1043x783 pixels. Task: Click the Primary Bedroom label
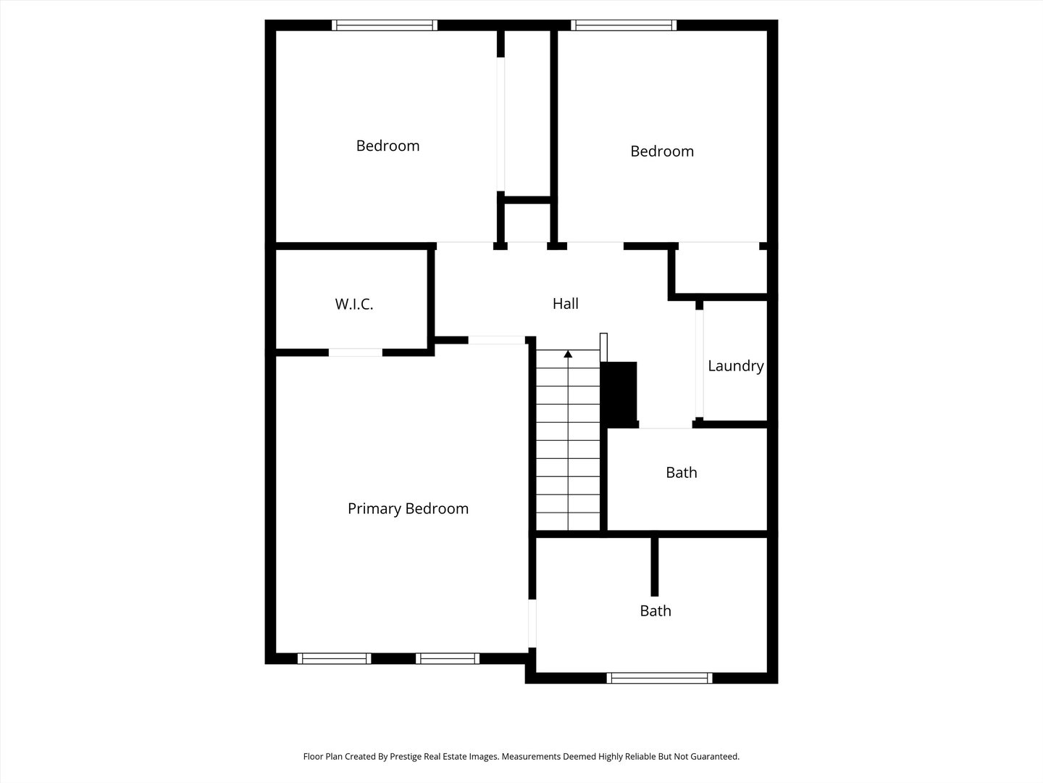pyautogui.click(x=409, y=509)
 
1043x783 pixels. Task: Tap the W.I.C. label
pyautogui.click(x=354, y=304)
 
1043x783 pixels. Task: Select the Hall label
pyautogui.click(x=566, y=303)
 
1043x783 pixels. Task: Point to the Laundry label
pyautogui.click(x=736, y=365)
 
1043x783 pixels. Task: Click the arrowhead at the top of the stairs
pyautogui.click(x=568, y=354)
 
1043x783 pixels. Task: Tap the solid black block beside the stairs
pyautogui.click(x=619, y=394)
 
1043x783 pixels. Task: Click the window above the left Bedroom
pyautogui.click(x=385, y=25)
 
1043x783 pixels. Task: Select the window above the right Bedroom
pyautogui.click(x=624, y=25)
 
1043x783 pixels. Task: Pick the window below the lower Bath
pyautogui.click(x=660, y=678)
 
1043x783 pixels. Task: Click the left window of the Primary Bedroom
pyautogui.click(x=335, y=658)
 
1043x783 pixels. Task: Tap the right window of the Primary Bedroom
pyautogui.click(x=448, y=658)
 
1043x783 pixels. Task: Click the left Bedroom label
pyautogui.click(x=388, y=146)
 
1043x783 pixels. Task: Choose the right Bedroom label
pyautogui.click(x=662, y=152)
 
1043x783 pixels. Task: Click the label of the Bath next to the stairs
pyautogui.click(x=682, y=473)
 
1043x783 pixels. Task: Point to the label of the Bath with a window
pyautogui.click(x=655, y=610)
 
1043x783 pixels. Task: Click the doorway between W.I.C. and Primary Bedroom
pyautogui.click(x=356, y=352)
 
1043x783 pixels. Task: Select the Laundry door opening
pyautogui.click(x=700, y=364)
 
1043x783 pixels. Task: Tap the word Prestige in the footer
pyautogui.click(x=406, y=756)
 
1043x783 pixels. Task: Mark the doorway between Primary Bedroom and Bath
pyautogui.click(x=532, y=623)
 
